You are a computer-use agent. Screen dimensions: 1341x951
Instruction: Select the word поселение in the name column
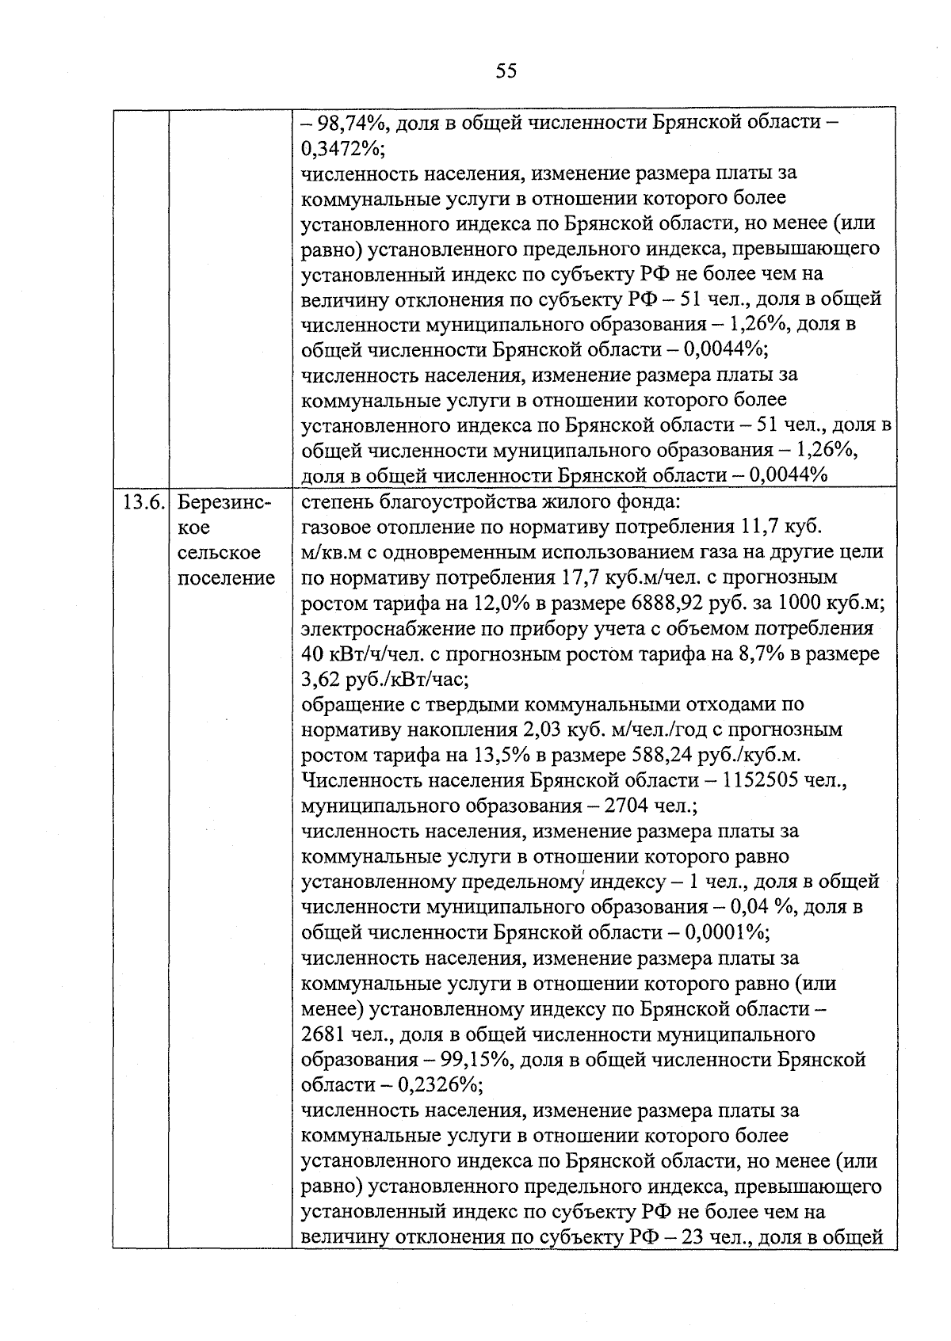226,578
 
